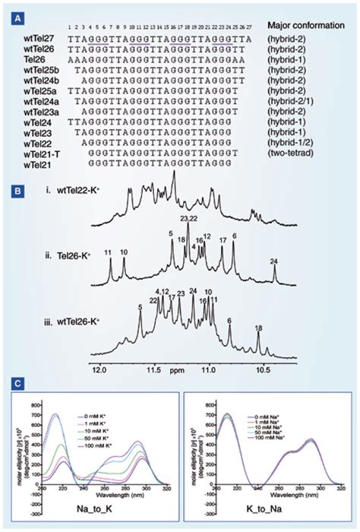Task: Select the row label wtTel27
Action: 39,36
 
